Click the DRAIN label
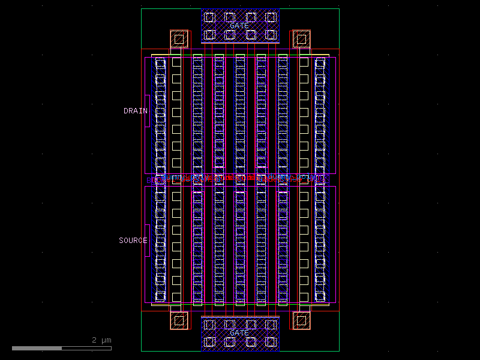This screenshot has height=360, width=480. [135, 111]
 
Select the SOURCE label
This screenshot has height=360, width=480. [133, 241]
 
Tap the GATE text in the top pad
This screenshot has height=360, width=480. [239, 26]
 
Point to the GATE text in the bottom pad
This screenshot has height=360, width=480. [239, 333]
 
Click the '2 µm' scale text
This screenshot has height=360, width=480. [101, 340]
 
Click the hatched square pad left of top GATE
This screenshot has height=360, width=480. [179, 40]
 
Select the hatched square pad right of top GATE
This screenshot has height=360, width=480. [301, 40]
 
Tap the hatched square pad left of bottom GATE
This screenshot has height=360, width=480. [179, 321]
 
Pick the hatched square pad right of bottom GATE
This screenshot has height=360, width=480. [301, 321]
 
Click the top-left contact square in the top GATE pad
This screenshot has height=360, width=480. [209, 17]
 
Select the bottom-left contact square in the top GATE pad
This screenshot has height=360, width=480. [209, 35]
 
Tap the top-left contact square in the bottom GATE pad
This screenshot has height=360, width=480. [209, 325]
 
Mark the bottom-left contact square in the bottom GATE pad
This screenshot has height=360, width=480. [209, 342]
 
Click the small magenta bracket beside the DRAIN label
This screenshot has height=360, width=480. [148, 111]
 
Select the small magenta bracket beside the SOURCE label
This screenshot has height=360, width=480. [148, 241]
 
